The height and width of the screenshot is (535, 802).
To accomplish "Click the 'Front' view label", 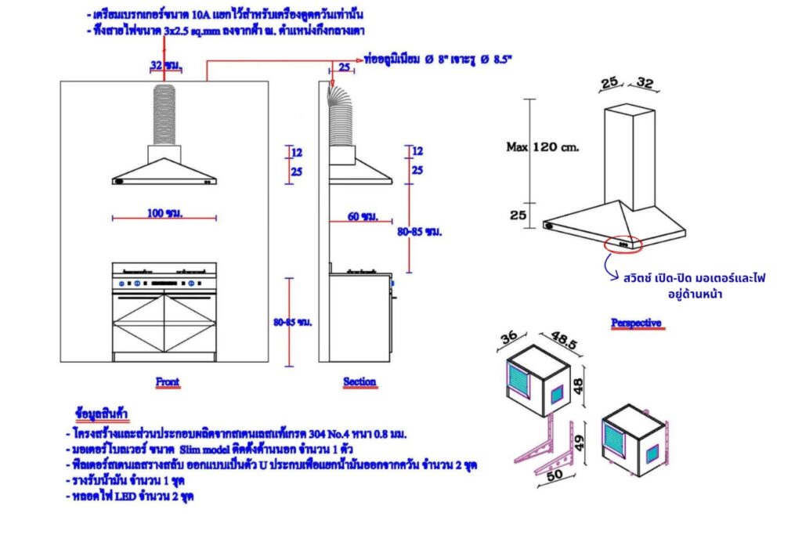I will (x=168, y=382).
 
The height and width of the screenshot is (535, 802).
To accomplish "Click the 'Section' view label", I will (x=359, y=382).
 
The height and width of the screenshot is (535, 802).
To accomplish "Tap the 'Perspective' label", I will (x=637, y=323).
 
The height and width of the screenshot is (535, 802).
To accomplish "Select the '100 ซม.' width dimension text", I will (x=164, y=213).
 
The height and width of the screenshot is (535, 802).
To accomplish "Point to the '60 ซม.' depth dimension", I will (x=363, y=215).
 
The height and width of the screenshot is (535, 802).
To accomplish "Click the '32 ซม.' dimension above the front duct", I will (x=164, y=67).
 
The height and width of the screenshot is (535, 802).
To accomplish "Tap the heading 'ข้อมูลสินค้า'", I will (x=103, y=413).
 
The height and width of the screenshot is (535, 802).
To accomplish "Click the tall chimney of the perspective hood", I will (x=631, y=157).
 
